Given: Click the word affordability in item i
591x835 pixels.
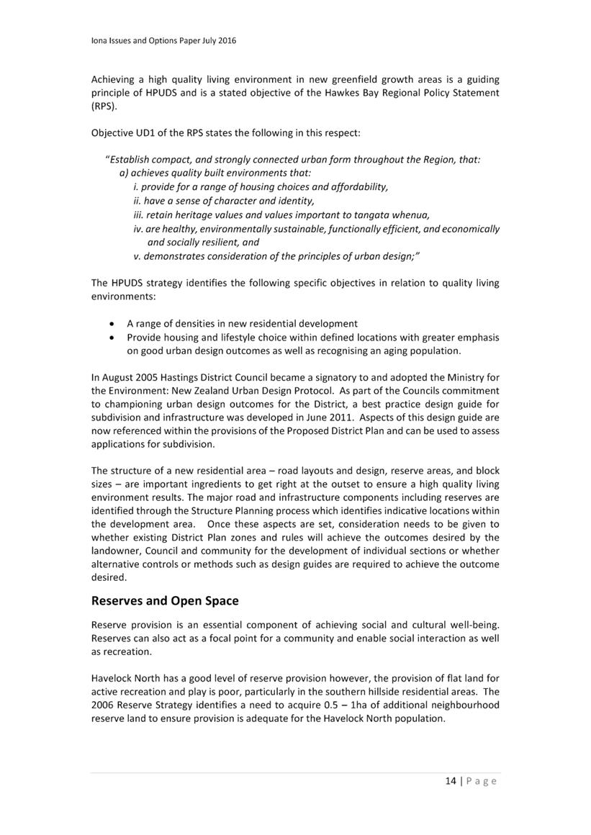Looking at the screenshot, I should (354, 187).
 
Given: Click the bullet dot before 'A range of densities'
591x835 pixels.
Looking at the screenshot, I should (110, 324).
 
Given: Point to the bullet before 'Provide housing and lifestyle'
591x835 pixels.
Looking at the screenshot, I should (110, 338).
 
